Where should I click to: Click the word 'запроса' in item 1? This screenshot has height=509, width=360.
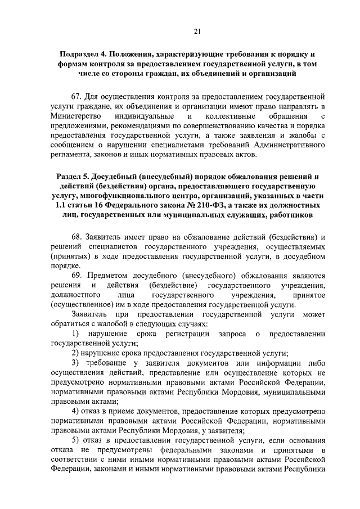pyautogui.click(x=224, y=335)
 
